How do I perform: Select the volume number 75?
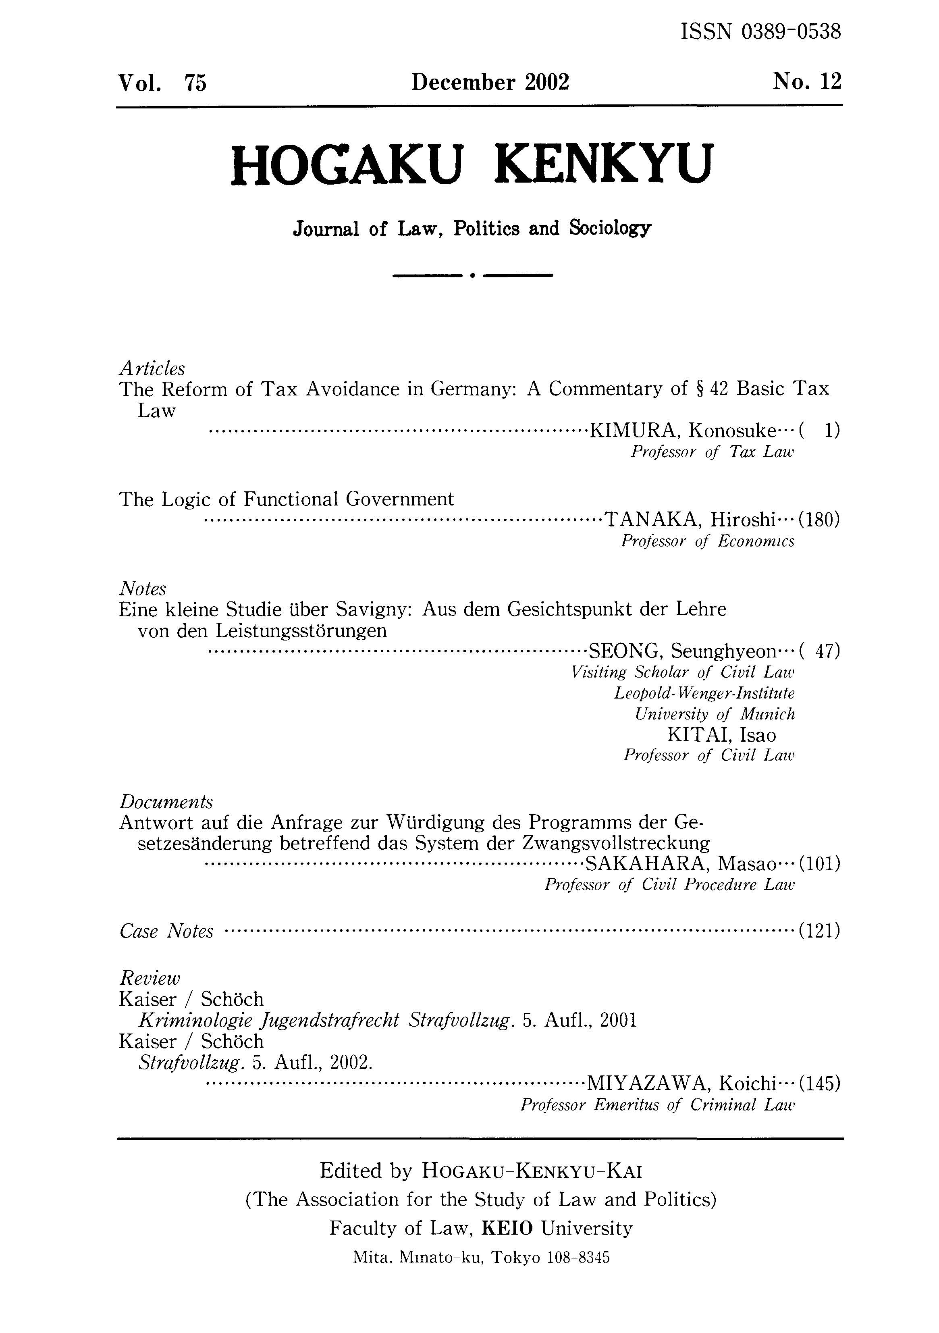pos(195,83)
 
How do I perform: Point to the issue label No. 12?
pos(807,82)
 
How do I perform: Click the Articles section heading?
pos(152,368)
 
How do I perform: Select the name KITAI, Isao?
pos(721,735)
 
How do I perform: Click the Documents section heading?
pos(166,802)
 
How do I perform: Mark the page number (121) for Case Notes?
pos(819,931)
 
